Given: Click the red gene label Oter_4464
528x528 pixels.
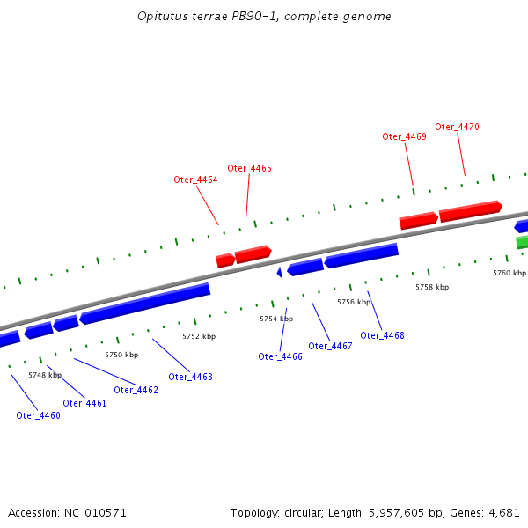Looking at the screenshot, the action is click(195, 180).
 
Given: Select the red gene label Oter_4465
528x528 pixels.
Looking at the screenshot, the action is click(249, 168).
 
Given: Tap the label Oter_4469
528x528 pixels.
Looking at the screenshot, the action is click(404, 136).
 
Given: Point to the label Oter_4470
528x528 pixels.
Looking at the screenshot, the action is click(457, 127).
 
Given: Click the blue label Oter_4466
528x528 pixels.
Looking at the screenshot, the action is click(280, 356).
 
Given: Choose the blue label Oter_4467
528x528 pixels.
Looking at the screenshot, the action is click(330, 346).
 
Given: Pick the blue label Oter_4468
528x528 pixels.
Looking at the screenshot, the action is click(382, 335).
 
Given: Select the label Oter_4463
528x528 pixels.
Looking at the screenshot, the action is click(190, 377).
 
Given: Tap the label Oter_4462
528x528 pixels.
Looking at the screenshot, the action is click(136, 390).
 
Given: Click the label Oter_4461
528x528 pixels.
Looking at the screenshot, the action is click(84, 403).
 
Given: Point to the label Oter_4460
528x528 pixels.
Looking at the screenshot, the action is click(38, 415).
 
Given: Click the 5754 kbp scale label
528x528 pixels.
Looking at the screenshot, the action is click(276, 319).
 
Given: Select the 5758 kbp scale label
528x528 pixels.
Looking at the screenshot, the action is click(432, 287).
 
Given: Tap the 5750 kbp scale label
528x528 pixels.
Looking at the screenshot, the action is click(121, 355).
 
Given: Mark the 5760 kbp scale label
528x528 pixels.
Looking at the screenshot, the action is click(509, 273).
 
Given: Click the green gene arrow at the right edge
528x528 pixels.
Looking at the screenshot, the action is click(522, 241).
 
